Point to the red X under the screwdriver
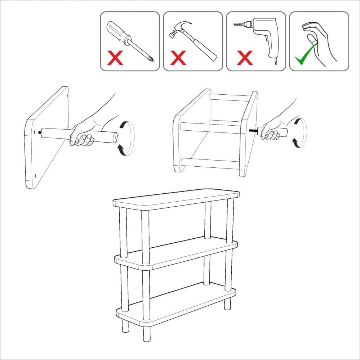(x=115, y=58)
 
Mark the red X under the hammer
(x=178, y=58)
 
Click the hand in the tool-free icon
(x=319, y=40)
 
